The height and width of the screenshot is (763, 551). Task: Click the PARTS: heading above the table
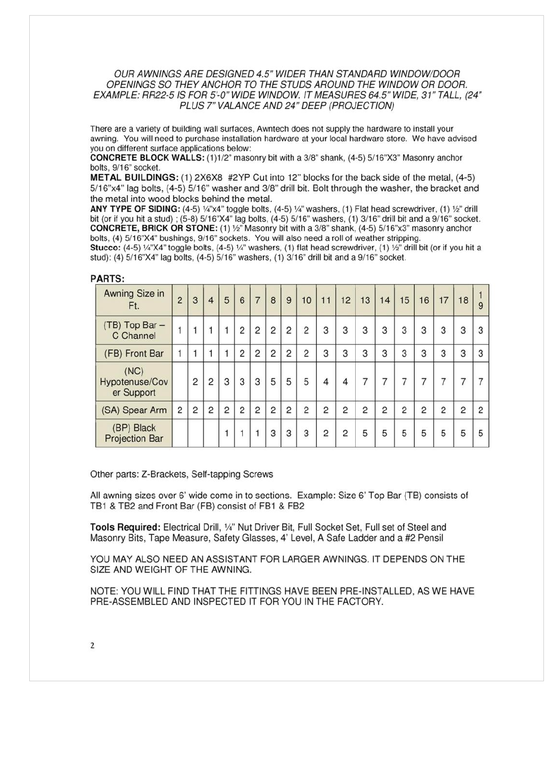pyautogui.click(x=107, y=279)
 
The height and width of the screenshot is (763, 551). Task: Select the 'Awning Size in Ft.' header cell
pyautogui.click(x=134, y=300)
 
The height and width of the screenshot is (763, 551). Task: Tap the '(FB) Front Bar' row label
pyautogui.click(x=134, y=354)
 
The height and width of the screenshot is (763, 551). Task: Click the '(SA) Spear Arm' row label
pyautogui.click(x=134, y=410)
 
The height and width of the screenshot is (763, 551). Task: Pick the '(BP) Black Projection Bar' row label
pyautogui.click(x=134, y=433)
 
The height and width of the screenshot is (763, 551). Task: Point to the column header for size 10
pyautogui.click(x=306, y=300)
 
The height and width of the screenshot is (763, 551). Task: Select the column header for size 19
pyautogui.click(x=481, y=300)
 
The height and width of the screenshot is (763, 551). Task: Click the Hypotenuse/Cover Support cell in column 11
pyautogui.click(x=326, y=382)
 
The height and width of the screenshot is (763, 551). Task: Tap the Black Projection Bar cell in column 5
pyautogui.click(x=227, y=433)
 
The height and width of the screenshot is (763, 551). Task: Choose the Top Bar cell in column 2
pyautogui.click(x=180, y=331)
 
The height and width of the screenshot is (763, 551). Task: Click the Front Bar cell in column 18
pyautogui.click(x=463, y=354)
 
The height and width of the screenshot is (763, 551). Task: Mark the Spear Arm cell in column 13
pyautogui.click(x=365, y=410)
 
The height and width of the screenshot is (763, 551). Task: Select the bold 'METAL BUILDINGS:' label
pyautogui.click(x=134, y=178)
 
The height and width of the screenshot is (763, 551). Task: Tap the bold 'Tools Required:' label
pyautogui.click(x=125, y=527)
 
